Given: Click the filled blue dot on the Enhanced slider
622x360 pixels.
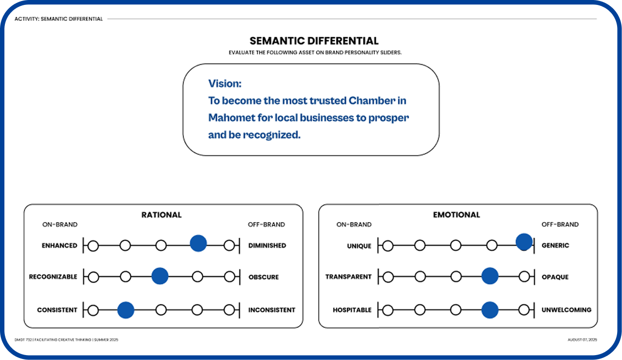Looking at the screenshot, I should pos(198,243).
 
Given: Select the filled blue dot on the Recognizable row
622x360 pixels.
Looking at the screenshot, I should pos(160,276).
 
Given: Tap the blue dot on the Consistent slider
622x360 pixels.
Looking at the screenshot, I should pos(126,309).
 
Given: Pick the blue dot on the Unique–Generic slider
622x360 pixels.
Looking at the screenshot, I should pos(524,242).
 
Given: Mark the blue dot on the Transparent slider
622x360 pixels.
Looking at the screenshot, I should pos(490,276).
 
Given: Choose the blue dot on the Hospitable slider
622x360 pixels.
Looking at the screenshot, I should pos(490,309).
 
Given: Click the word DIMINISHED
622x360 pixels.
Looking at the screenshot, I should pos(267,245).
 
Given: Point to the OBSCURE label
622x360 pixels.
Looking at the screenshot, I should pos(263,277).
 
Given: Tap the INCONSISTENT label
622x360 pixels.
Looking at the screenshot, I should pos(272,310).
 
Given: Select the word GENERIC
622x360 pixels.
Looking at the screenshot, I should pos(555,245).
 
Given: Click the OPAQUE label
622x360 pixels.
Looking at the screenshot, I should pos(555,277).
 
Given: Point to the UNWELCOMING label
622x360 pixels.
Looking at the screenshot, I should pos(566,310).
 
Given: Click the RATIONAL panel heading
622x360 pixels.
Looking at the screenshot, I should pos(161,215).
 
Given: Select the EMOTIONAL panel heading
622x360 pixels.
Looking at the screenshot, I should pos(456,215).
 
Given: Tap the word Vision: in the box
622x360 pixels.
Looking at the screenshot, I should pos(225,83).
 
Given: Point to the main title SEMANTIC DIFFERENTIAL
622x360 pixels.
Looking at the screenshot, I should pos(314,41).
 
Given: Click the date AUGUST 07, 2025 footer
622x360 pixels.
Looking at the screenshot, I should pos(582,340).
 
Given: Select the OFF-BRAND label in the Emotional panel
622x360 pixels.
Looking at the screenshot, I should pos(560,225).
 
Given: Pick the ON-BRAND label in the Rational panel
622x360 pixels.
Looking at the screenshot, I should pos(60,225).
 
